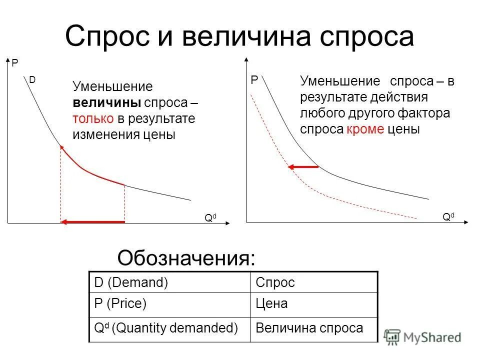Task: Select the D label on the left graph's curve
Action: pos(32,80)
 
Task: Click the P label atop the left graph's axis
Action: pos(14,63)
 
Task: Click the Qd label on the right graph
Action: pos(448,216)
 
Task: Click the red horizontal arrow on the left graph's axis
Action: pos(92,221)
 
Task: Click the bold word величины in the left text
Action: pos(107,103)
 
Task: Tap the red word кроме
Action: pos(364,129)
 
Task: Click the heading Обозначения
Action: pos(186,258)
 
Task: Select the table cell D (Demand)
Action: pos(131,282)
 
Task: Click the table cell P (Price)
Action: pos(120,303)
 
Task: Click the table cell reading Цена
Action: pos(271,303)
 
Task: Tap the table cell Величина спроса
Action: pos(309,328)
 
